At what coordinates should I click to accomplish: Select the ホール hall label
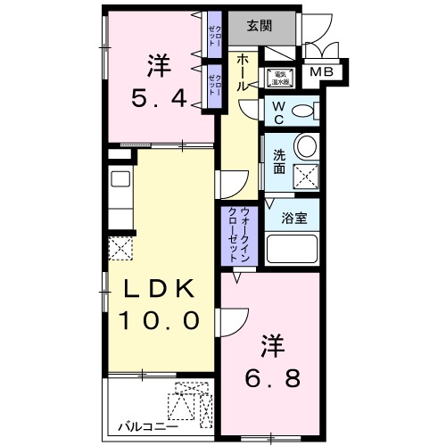(243, 77)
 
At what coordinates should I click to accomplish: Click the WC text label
(277, 112)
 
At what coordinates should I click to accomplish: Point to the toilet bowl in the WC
(303, 111)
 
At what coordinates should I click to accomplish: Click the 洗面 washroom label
(278, 160)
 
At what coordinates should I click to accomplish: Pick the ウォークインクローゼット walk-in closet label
(239, 234)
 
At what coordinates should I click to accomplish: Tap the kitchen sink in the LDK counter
(120, 176)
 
